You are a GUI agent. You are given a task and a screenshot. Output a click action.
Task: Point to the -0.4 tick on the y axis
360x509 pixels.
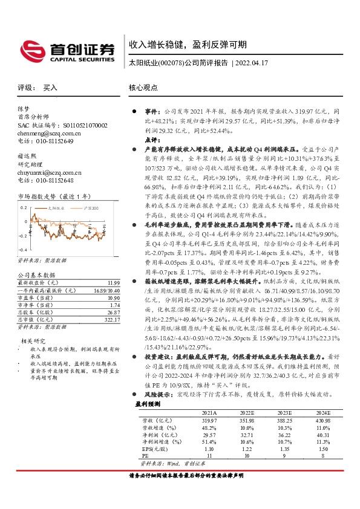pyautogui.click(x=23, y=249)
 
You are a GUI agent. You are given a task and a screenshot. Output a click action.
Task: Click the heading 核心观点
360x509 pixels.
pyautogui.click(x=143, y=88)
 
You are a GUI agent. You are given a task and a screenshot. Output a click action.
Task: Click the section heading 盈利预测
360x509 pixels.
pyautogui.click(x=148, y=403)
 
